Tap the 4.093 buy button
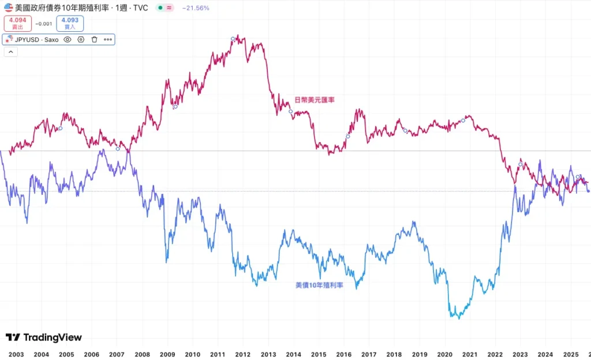pos(70,23)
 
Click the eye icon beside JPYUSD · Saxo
pos(67,39)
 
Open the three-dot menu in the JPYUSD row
pos(107,39)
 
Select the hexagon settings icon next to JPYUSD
pos(81,39)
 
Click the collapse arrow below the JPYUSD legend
pos(10,52)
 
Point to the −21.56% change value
pos(196,8)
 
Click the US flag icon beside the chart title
pos(8,8)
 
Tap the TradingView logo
pos(44,337)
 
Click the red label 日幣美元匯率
pos(315,100)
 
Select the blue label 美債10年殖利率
pos(319,285)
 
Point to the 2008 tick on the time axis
pos(142,354)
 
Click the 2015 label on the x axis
pos(319,354)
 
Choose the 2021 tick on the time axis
pos(470,354)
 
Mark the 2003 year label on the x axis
pos(16,354)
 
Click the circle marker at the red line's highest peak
pos(233,39)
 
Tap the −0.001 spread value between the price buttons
pos(43,24)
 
